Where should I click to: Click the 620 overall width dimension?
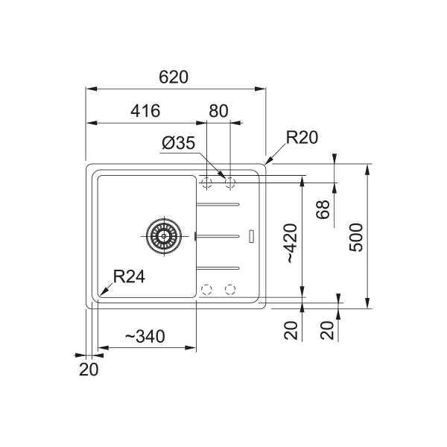(x=174, y=77)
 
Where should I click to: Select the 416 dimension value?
(x=145, y=111)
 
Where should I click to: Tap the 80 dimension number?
(x=218, y=111)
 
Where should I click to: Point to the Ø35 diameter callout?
(x=179, y=143)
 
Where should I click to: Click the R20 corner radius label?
(x=302, y=137)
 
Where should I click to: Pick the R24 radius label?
(x=129, y=276)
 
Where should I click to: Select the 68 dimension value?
(x=323, y=209)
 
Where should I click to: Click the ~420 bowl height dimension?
(x=291, y=243)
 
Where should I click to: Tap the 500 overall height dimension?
(x=356, y=238)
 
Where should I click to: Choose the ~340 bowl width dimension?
(x=145, y=337)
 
